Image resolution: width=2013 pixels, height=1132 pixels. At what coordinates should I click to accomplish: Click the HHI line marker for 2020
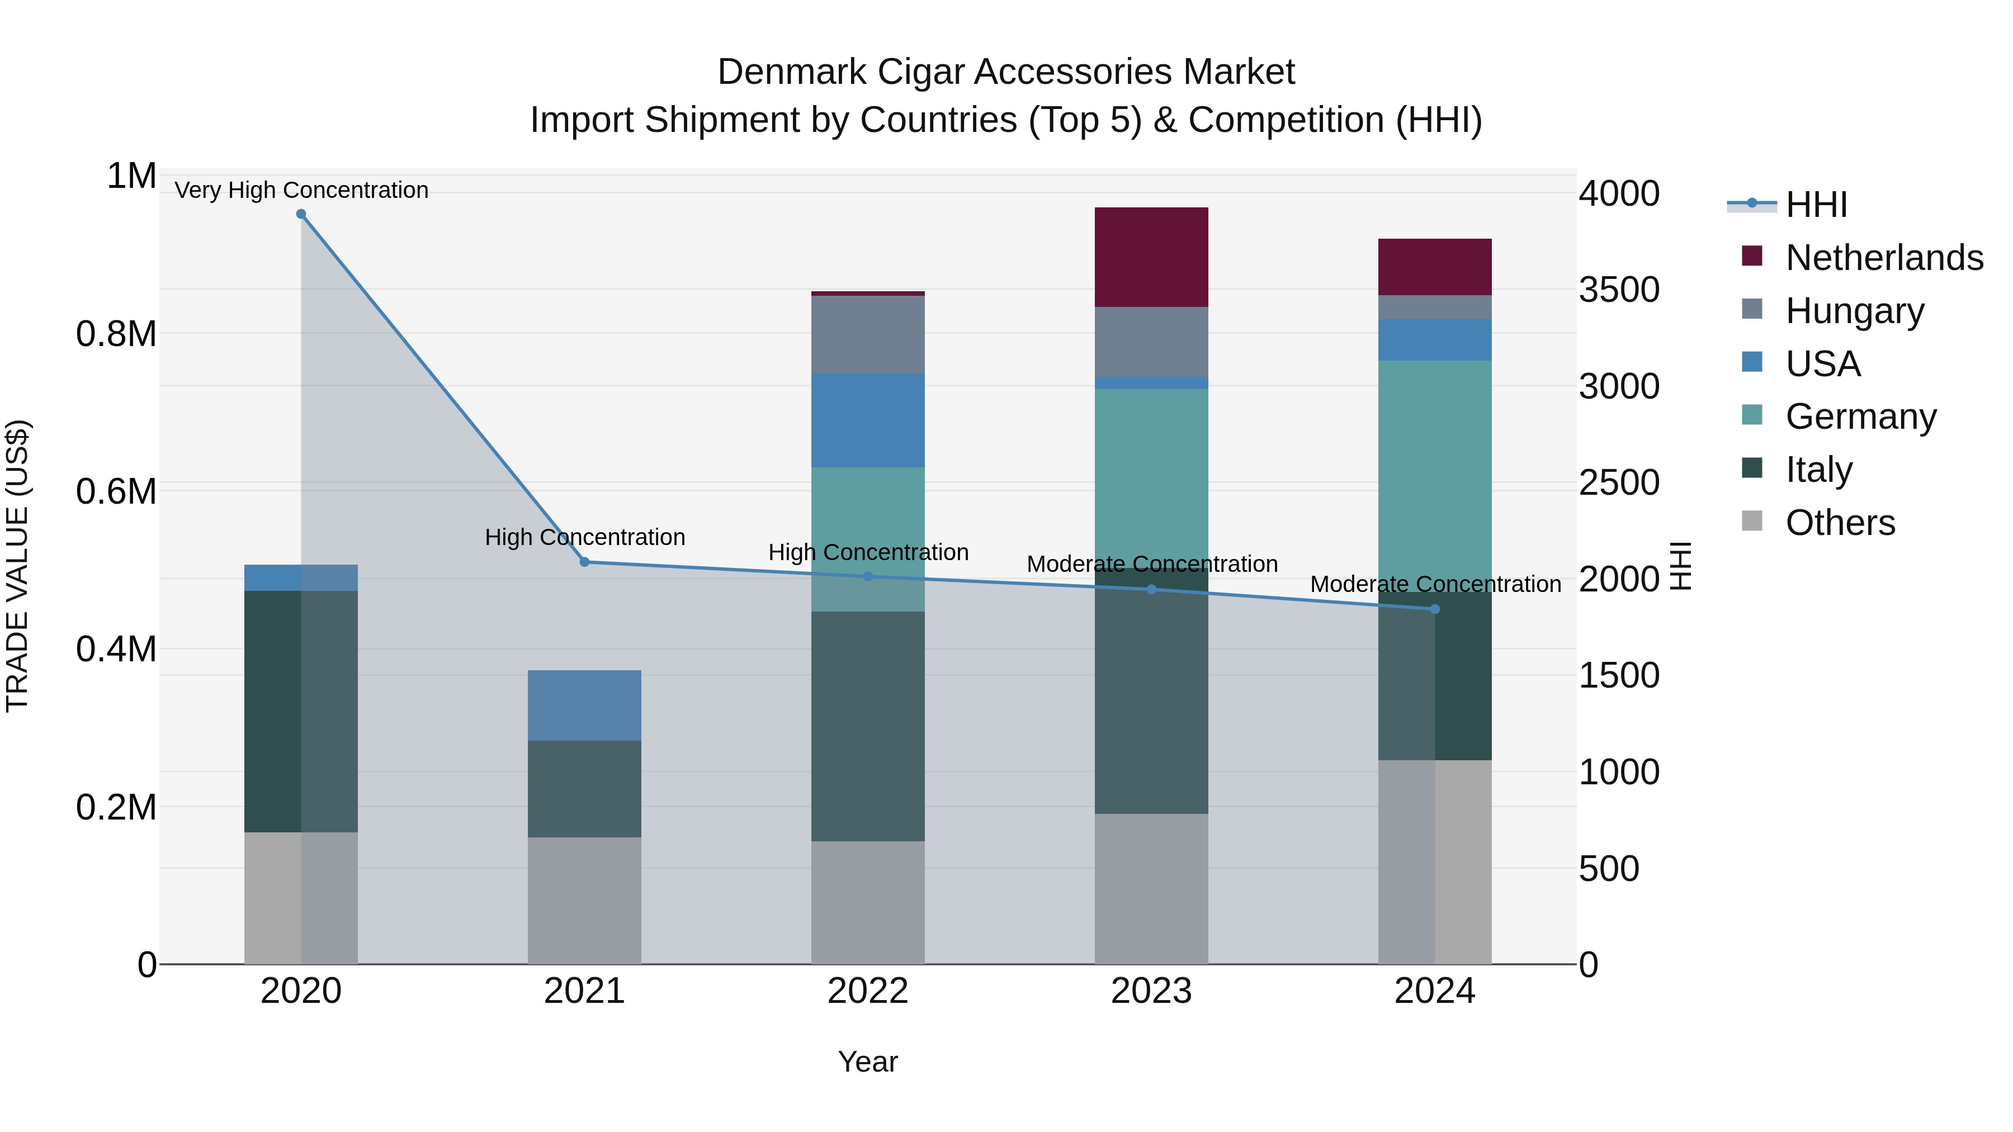pyautogui.click(x=301, y=214)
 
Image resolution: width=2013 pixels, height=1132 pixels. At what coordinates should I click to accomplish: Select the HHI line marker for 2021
pyautogui.click(x=584, y=562)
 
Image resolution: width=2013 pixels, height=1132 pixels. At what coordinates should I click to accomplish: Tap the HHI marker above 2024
pyautogui.click(x=1435, y=609)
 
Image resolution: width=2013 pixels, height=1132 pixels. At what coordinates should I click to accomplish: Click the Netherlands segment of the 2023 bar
pyautogui.click(x=1151, y=257)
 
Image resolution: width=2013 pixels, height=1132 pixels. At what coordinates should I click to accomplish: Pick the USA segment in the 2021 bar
pyautogui.click(x=584, y=705)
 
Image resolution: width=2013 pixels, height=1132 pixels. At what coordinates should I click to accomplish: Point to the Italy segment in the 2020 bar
pyautogui.click(x=301, y=711)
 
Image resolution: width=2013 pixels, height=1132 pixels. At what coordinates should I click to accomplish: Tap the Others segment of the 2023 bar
pyautogui.click(x=1151, y=888)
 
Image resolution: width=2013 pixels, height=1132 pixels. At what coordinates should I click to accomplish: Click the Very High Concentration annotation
pyautogui.click(x=301, y=190)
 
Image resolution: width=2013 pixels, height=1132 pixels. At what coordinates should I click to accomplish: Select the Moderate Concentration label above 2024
pyautogui.click(x=1435, y=584)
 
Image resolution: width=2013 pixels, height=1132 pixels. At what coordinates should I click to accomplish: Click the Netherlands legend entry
pyautogui.click(x=1883, y=258)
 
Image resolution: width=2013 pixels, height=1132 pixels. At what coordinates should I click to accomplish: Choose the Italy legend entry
pyautogui.click(x=1818, y=470)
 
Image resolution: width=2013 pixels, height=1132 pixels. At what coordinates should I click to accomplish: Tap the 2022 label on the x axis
pyautogui.click(x=867, y=991)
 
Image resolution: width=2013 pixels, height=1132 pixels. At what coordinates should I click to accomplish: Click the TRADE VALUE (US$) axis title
pyautogui.click(x=17, y=566)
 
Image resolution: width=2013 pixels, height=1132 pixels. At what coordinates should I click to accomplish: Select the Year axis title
pyautogui.click(x=867, y=1062)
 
